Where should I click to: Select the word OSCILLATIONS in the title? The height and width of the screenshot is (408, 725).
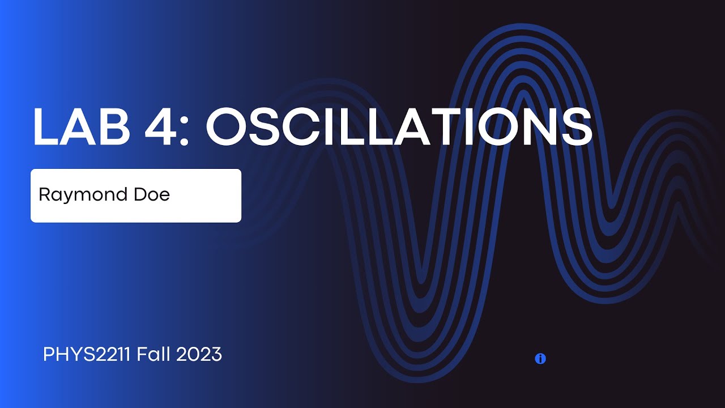(x=399, y=126)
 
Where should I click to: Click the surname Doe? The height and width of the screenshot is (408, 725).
(x=151, y=194)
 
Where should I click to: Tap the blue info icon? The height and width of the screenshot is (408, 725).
(x=540, y=359)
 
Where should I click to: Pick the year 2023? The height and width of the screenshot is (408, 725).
(x=199, y=355)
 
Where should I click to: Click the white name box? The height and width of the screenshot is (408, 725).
(x=136, y=195)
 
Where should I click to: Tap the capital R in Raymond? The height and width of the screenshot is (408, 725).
(x=44, y=194)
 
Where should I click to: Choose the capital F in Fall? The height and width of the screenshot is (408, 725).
(x=142, y=355)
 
